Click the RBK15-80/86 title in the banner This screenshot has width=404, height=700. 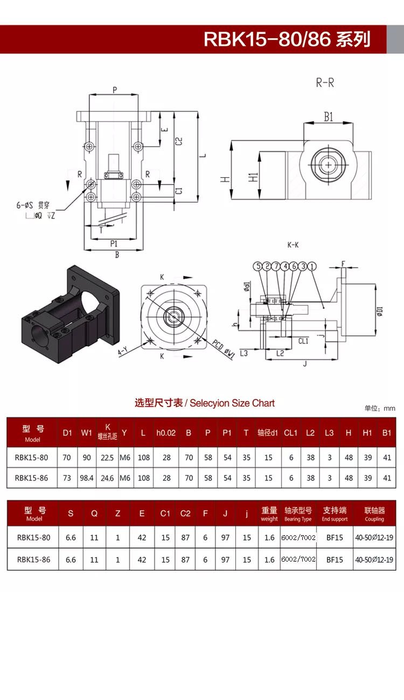coord(287,39)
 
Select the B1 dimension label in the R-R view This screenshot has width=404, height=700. coord(328,116)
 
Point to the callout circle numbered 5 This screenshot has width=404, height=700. coord(259,267)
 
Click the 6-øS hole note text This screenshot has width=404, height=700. coord(32,205)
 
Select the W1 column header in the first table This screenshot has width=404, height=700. coord(86,432)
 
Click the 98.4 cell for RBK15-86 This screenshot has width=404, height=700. coord(86,477)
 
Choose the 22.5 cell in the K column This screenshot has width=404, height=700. coord(107,458)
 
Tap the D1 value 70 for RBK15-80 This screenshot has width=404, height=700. coord(67,458)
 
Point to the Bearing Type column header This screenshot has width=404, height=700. coord(298,514)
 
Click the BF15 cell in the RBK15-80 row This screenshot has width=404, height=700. coord(335,537)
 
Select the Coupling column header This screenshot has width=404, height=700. coord(374,514)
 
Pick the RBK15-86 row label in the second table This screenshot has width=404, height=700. coord(33,559)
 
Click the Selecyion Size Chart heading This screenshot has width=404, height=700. coord(205,403)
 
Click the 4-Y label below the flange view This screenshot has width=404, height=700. coord(123,352)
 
